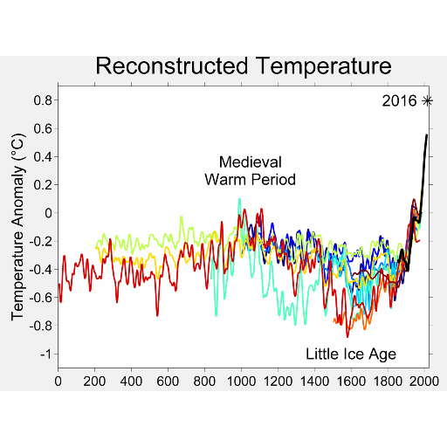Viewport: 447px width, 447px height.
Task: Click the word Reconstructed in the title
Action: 172,66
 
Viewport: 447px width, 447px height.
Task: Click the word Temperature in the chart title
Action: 324,66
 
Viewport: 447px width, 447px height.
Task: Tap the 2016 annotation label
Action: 399,101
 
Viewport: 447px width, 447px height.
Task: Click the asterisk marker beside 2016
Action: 427,101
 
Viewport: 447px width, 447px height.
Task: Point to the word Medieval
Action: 251,162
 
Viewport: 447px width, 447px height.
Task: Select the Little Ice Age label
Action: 351,354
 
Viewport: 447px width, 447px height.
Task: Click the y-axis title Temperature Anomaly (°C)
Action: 18,227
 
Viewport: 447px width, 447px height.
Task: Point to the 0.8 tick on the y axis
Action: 43,100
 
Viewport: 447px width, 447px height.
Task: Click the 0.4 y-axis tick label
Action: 43,157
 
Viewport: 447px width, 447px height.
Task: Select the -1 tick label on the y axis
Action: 46,354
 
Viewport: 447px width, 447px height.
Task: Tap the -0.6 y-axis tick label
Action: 41,298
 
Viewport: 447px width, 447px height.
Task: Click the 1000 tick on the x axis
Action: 241,382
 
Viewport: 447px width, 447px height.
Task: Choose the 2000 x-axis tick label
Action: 424,382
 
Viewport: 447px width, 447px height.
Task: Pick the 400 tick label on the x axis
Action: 131,382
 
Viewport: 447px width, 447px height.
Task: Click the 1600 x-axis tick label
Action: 351,382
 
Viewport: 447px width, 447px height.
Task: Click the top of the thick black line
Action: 427,135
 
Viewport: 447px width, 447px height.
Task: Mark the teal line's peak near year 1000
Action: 239,200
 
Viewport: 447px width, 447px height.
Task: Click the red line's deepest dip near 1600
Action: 347,337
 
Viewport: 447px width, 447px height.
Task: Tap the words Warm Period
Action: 251,179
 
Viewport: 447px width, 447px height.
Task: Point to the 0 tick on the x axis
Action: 58,382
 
